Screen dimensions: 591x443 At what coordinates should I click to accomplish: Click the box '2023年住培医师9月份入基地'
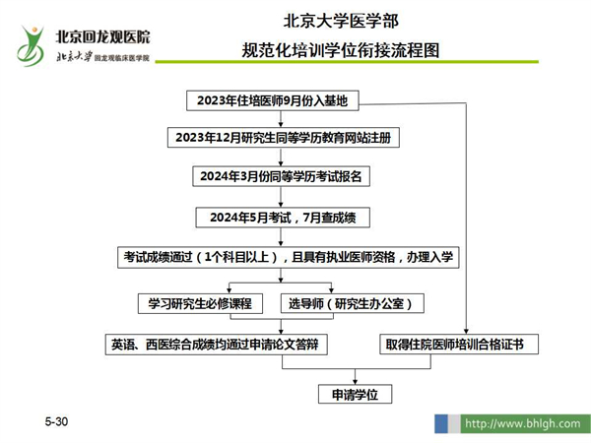click(273, 100)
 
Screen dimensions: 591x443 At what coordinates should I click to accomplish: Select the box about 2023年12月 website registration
click(284, 138)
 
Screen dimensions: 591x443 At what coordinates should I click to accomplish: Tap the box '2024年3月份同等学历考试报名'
click(281, 176)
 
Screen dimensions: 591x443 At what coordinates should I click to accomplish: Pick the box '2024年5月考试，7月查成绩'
click(283, 218)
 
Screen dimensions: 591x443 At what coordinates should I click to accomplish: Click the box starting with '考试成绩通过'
click(289, 257)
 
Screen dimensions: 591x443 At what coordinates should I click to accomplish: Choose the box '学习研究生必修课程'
click(200, 303)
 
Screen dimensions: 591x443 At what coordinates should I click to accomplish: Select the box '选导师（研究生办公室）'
click(353, 303)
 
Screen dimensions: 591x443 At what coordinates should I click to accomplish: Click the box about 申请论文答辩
click(217, 345)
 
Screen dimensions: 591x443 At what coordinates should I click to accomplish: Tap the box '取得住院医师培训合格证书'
click(459, 345)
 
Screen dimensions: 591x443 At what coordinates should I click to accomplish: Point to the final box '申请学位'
click(355, 394)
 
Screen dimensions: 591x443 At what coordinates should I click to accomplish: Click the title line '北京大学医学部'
click(341, 21)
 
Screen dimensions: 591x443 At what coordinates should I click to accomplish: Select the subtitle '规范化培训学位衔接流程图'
click(341, 50)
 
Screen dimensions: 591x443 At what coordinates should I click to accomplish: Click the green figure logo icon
click(31, 46)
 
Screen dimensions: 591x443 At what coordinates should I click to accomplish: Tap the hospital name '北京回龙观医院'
click(102, 37)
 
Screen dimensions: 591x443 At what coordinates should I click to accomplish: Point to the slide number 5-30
click(56, 421)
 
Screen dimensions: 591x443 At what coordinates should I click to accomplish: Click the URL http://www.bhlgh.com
click(523, 423)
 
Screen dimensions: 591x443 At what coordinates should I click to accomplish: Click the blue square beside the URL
click(441, 423)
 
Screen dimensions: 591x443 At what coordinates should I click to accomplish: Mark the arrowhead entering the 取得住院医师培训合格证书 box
click(466, 332)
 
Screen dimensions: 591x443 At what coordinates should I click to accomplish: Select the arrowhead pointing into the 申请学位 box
click(355, 382)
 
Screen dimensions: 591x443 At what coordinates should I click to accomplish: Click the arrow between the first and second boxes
click(281, 119)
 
